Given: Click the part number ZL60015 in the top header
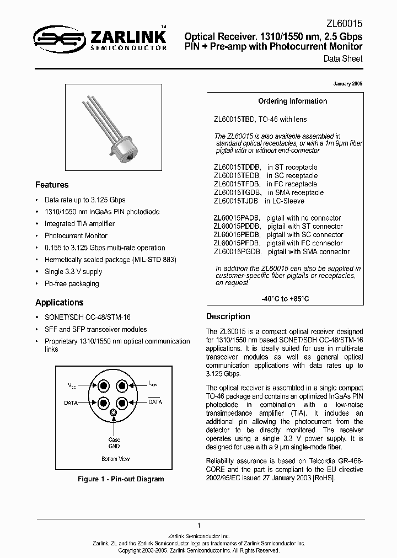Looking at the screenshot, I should pos(344,22).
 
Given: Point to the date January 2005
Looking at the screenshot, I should pos(348,84).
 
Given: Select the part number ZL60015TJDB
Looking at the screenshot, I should pos(237,201).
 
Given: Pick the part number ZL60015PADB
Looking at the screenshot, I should pos(237,218).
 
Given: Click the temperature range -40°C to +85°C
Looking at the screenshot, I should pos(285,298).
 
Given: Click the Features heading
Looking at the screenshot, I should pos(52,185).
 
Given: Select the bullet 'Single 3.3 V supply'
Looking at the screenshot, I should pos(73,272).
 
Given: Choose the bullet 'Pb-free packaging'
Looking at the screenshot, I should pos(72,284).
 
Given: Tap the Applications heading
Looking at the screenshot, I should pos(59,303).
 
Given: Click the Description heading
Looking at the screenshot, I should pos(228,316).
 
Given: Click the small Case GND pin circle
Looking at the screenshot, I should pos(114,412).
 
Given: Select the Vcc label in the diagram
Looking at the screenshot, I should pos(72,383).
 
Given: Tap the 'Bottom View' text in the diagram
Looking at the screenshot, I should pos(115,459).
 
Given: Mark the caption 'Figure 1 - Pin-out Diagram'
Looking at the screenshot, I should pos(120,479).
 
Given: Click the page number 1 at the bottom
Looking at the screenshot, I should pos(198,525).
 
